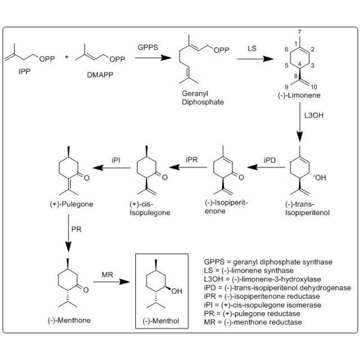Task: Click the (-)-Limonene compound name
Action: pyautogui.click(x=297, y=96)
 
